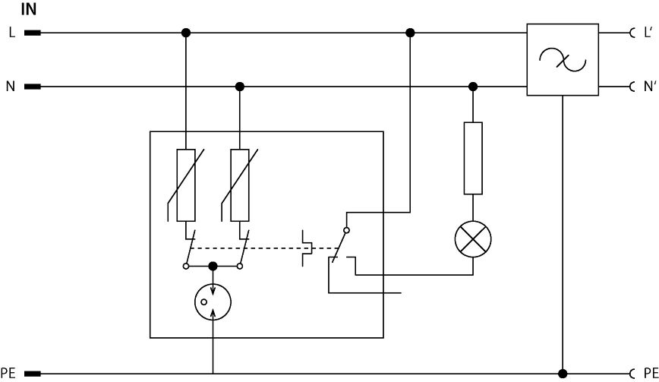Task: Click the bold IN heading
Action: click(27, 11)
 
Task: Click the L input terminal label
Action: click(11, 33)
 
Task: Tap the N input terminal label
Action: click(11, 87)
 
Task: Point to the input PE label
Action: click(8, 373)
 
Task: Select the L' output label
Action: click(648, 33)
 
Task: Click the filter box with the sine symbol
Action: click(562, 60)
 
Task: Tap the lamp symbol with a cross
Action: click(473, 241)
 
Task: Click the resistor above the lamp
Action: click(473, 158)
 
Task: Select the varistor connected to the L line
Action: click(186, 185)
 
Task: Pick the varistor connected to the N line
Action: click(240, 185)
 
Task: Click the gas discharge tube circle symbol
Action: click(213, 301)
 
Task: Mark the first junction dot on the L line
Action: click(186, 33)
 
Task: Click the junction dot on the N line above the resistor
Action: click(473, 87)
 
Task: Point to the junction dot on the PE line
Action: click(562, 373)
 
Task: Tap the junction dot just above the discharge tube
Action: click(213, 267)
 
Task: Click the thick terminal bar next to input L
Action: click(33, 33)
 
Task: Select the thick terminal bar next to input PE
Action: click(33, 373)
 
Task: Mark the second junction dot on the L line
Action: click(410, 33)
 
